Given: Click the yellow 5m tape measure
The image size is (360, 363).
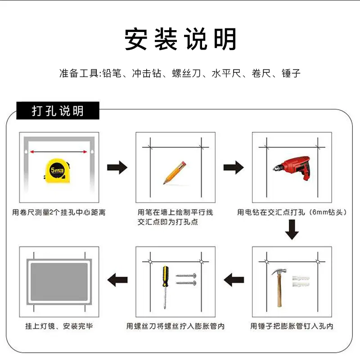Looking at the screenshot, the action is [x=57, y=171].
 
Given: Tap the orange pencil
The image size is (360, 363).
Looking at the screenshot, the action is [x=175, y=172].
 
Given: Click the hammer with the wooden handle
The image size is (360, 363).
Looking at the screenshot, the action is [x=279, y=287].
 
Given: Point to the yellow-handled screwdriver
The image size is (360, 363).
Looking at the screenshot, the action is [x=165, y=287].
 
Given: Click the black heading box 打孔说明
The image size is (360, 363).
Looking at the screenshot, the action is [x=58, y=111].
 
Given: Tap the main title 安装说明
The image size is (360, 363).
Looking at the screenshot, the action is [x=180, y=39].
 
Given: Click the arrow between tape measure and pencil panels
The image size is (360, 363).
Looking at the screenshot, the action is [x=117, y=168].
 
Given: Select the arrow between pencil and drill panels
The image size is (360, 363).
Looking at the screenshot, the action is [x=234, y=168].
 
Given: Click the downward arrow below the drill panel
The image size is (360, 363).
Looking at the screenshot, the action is [x=292, y=230].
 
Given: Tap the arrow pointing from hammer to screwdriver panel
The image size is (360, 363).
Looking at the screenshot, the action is [x=234, y=280].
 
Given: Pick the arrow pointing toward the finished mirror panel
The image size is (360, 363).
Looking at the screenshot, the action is [x=117, y=280].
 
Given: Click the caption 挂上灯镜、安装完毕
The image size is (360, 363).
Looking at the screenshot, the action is [x=59, y=326].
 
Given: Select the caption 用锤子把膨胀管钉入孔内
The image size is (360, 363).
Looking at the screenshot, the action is [x=292, y=326].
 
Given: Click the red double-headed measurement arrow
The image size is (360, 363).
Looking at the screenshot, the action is [x=58, y=152].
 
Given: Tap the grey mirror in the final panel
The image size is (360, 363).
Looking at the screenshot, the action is [x=59, y=282].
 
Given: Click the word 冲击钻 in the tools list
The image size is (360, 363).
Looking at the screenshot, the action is [x=147, y=73].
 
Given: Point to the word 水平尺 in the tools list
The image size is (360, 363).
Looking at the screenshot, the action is [x=226, y=73].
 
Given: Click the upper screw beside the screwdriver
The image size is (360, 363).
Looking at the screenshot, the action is [x=186, y=276].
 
